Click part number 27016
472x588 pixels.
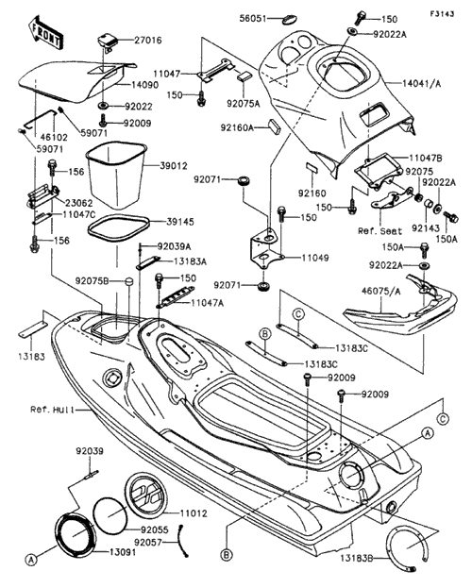click(x=148, y=40)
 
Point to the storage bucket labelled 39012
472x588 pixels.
click(x=116, y=175)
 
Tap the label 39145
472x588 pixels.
click(x=180, y=222)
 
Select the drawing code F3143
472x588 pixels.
click(x=442, y=14)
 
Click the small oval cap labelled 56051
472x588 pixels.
click(x=289, y=17)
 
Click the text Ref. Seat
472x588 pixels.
click(x=379, y=231)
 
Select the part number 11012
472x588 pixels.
click(x=194, y=513)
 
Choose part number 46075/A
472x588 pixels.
click(x=380, y=291)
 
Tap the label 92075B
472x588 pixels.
click(x=92, y=280)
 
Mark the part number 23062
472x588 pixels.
click(x=78, y=203)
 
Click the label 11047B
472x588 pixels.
click(x=426, y=159)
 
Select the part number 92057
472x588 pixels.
click(x=148, y=543)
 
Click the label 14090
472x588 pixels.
click(x=144, y=85)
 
